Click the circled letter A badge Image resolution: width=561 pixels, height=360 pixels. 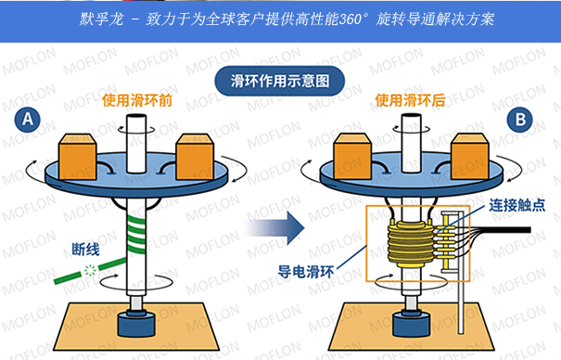pyautogui.click(x=28, y=120)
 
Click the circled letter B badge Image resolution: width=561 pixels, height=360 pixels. pyautogui.click(x=520, y=120)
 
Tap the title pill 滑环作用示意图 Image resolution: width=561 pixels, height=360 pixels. pyautogui.click(x=279, y=81)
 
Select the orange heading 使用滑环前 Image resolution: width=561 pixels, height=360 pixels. pyautogui.click(x=137, y=100)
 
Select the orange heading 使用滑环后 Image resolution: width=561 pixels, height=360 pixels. pyautogui.click(x=410, y=100)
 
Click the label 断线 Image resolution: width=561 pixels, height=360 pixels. pyautogui.click(x=85, y=249)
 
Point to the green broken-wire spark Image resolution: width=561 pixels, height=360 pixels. pyautogui.click(x=90, y=271)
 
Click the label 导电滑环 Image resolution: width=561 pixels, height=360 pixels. pyautogui.click(x=306, y=272)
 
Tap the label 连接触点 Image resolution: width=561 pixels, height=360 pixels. pyautogui.click(x=517, y=205)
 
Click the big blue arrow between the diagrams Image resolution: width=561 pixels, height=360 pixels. pyautogui.click(x=274, y=228)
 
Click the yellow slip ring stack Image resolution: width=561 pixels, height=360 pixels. pyautogui.click(x=412, y=244)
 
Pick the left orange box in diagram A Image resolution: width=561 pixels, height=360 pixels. pyautogui.click(x=77, y=157)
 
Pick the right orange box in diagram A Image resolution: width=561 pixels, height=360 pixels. pyautogui.click(x=195, y=157)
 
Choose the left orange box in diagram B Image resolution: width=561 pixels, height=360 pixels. pyautogui.click(x=352, y=156)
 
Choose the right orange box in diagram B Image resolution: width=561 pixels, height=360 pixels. pyautogui.click(x=470, y=156)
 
